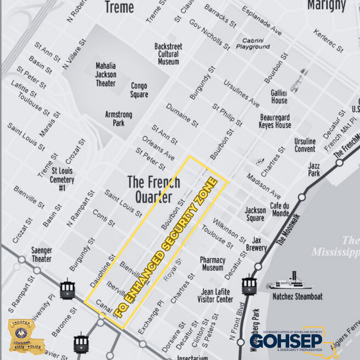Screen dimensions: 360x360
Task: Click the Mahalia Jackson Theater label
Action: [105, 75]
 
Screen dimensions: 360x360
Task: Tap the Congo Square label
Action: [139, 91]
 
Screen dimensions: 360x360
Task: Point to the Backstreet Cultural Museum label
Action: [168, 54]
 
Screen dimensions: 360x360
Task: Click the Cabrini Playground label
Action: [253, 44]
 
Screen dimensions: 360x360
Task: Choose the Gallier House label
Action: [279, 97]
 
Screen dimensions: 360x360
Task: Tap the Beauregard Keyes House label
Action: [275, 121]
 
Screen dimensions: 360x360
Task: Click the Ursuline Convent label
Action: [304, 145]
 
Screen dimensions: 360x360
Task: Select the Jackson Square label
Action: [255, 214]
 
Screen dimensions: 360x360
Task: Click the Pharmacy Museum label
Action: [212, 264]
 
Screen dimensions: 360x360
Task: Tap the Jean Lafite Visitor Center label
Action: [217, 296]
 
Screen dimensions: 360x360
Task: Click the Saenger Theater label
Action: [41, 254]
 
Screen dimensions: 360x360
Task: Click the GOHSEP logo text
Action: [286, 339]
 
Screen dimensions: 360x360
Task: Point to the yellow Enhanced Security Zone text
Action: [167, 247]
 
